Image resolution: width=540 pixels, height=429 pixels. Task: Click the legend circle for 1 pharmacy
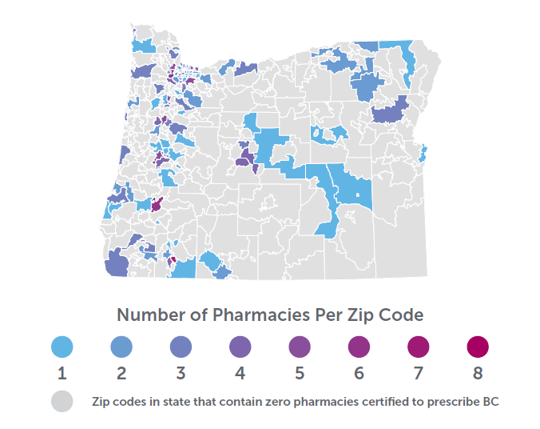[x=62, y=347]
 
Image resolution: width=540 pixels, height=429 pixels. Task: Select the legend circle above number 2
[x=121, y=347]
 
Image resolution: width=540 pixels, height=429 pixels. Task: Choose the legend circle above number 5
[x=299, y=347]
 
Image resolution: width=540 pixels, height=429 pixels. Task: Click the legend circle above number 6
[x=358, y=347]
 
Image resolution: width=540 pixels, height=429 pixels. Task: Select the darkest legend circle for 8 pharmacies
[x=477, y=347]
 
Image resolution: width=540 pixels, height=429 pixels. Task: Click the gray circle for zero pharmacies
[x=62, y=401]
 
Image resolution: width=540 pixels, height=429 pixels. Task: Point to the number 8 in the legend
[x=477, y=374]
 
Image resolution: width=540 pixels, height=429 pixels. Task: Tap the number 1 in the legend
[x=62, y=374]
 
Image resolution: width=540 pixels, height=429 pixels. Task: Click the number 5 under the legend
[x=299, y=374]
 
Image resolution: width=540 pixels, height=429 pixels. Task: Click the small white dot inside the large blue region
[x=359, y=196]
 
